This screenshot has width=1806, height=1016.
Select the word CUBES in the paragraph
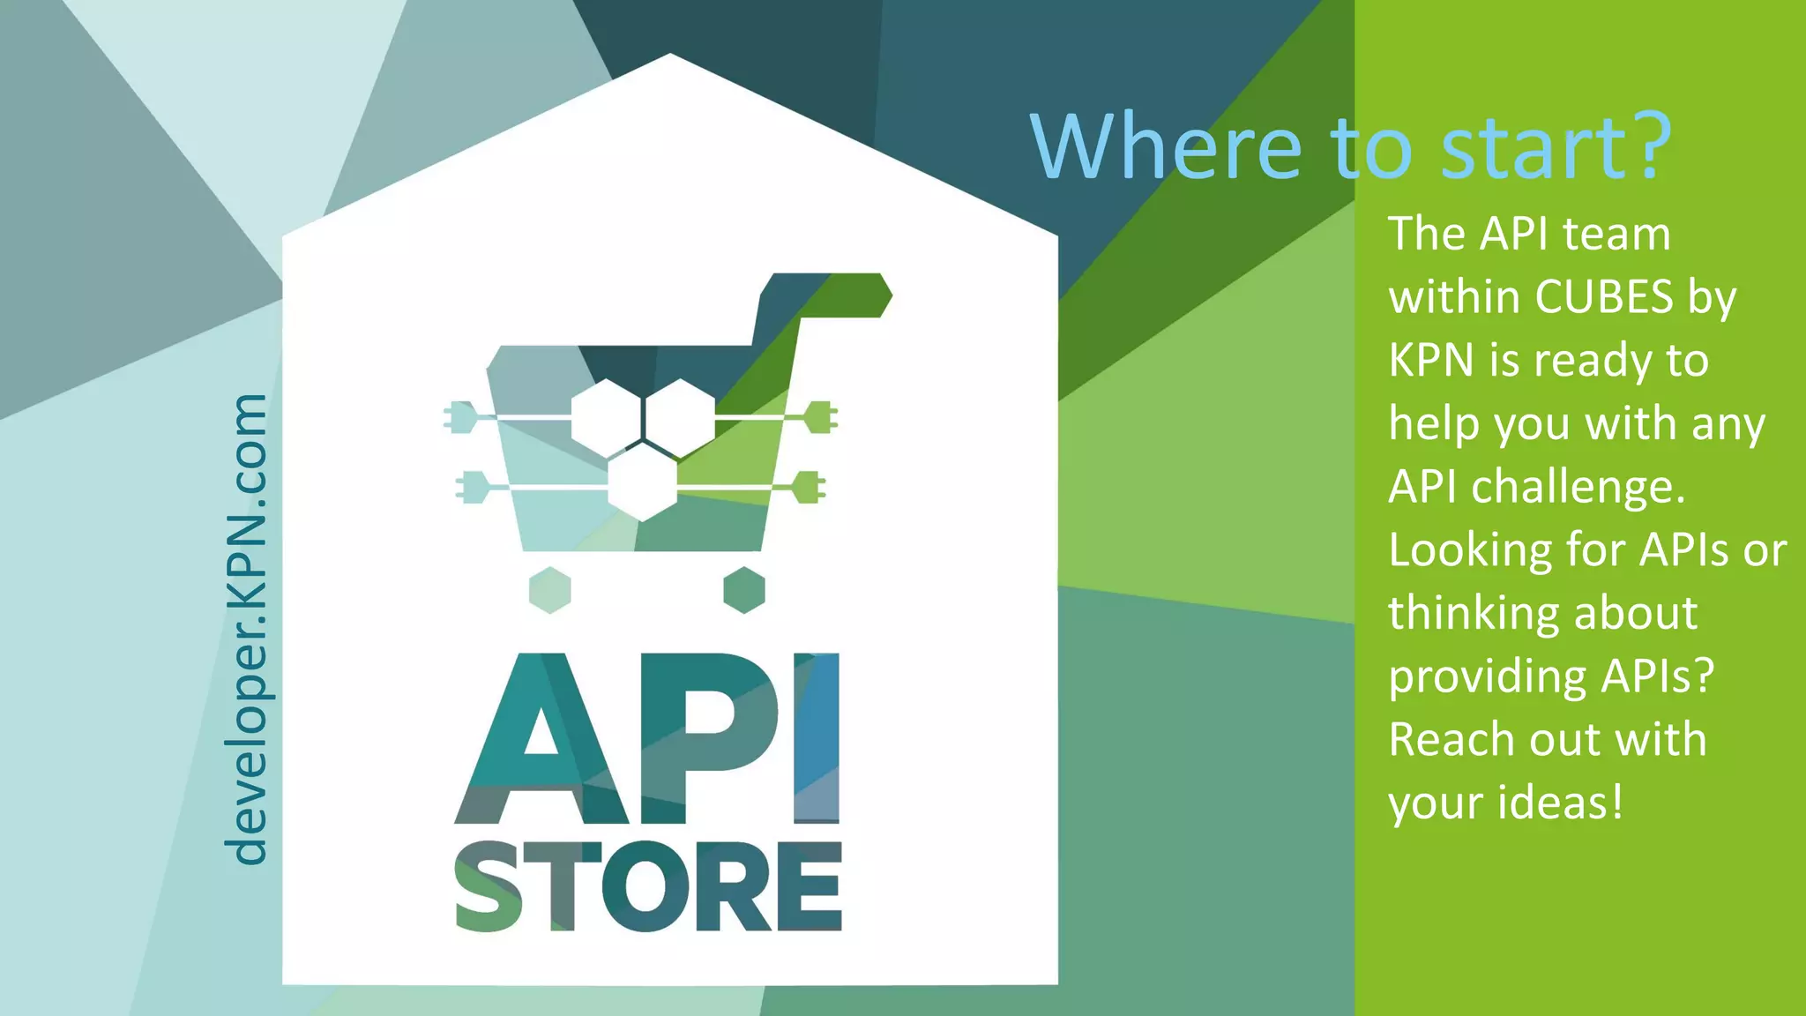point(1604,297)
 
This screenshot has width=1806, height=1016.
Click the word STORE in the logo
point(648,887)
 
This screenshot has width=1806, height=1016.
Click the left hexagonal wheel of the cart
point(550,590)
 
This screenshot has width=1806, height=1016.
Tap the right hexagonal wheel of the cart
point(744,590)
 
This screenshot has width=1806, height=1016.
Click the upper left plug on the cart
point(460,417)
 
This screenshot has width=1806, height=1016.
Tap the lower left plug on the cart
point(473,487)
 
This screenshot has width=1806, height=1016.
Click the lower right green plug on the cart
point(808,487)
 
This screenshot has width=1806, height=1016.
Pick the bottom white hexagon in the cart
point(643,482)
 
